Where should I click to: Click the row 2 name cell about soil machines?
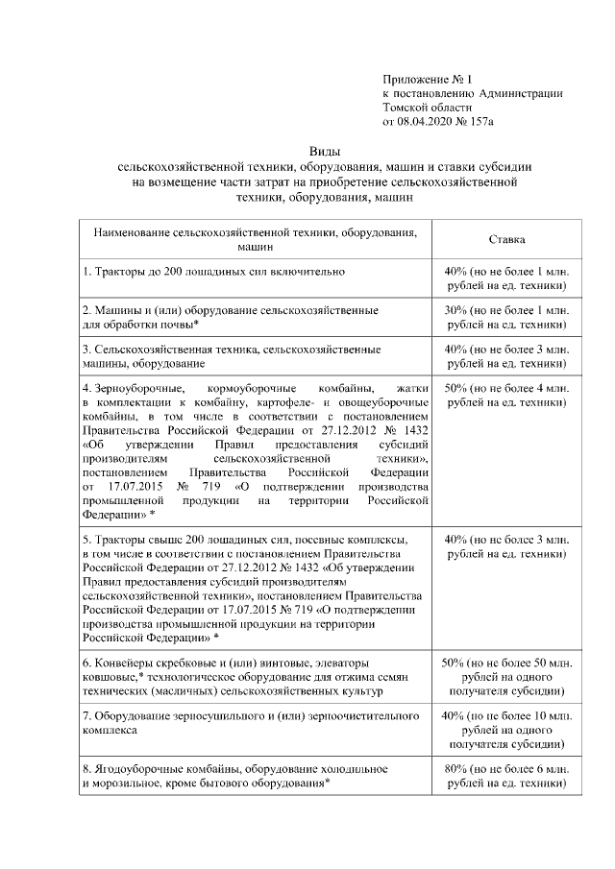coord(231,318)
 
